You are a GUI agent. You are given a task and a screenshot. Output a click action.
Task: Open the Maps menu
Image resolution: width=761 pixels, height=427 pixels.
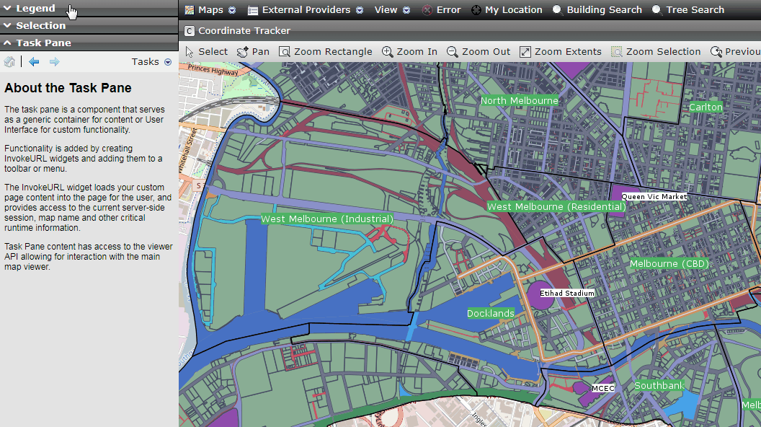(x=210, y=10)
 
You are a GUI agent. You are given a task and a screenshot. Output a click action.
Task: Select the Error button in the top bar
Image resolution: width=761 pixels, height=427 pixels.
(x=441, y=10)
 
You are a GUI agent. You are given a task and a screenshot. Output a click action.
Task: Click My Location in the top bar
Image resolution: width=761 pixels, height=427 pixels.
(x=507, y=10)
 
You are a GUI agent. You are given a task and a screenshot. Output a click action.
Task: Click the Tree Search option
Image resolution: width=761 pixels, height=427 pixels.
(x=688, y=10)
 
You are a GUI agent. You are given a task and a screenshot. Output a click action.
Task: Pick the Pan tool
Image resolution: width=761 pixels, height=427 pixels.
(x=253, y=52)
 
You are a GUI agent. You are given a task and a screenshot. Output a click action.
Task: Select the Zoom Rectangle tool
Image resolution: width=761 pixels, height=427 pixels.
(x=326, y=52)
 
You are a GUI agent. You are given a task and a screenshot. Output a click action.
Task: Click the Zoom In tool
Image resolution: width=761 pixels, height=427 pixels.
(x=409, y=52)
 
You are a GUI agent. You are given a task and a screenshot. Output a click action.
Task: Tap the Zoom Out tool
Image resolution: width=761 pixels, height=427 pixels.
(x=479, y=52)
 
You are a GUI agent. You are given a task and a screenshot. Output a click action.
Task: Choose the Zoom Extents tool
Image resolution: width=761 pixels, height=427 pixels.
(x=561, y=52)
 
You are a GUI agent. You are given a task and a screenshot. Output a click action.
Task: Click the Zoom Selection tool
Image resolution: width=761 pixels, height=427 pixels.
(x=656, y=52)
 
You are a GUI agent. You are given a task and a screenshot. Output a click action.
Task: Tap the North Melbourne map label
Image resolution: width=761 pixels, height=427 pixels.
(x=520, y=101)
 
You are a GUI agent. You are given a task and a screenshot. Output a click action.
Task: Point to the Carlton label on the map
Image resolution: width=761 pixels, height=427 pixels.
(x=706, y=107)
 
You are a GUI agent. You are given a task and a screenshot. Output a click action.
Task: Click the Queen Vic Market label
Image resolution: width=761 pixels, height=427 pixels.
(x=654, y=196)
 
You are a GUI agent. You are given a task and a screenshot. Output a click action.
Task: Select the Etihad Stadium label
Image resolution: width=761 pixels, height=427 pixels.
(x=568, y=294)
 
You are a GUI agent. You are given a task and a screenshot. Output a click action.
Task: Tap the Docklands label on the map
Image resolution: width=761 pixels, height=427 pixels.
(x=491, y=314)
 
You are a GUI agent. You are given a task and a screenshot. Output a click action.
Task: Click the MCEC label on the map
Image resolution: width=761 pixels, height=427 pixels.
(x=602, y=388)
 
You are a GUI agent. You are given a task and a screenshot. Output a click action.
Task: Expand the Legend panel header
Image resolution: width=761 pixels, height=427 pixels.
(x=35, y=9)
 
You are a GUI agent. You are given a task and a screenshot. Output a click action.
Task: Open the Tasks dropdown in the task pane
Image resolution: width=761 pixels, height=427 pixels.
(x=151, y=62)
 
